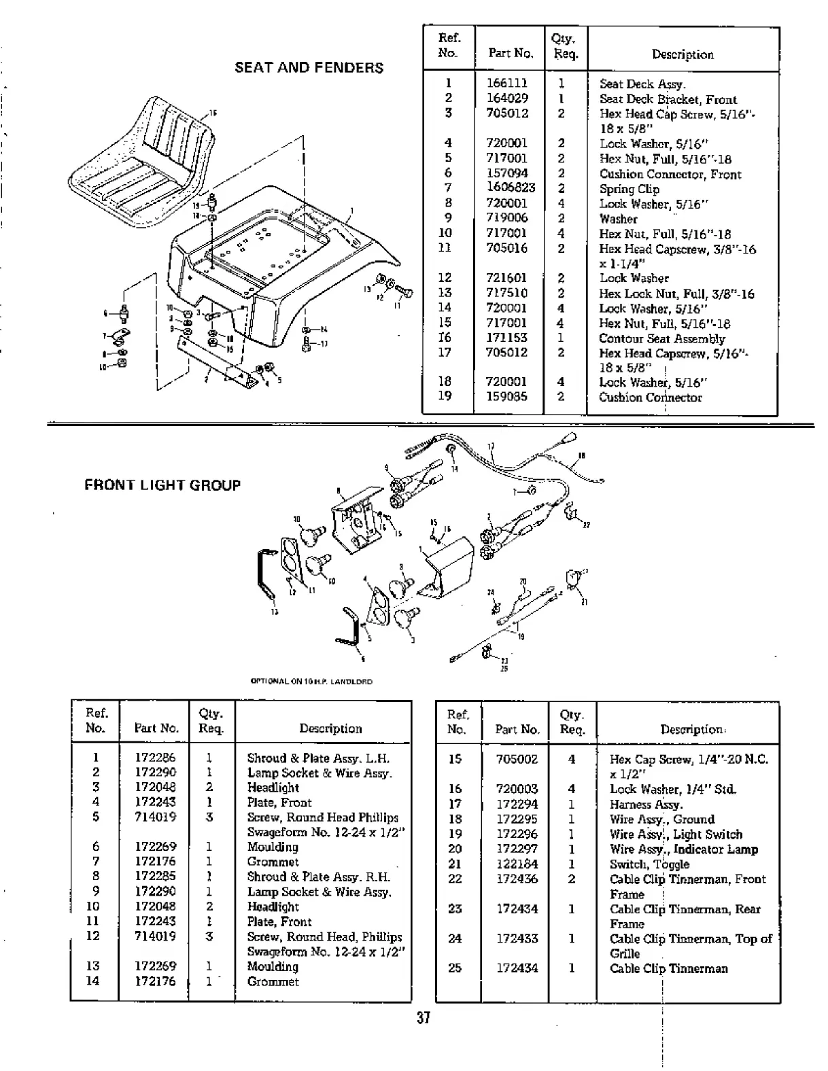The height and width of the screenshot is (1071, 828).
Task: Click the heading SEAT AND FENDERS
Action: coord(309,68)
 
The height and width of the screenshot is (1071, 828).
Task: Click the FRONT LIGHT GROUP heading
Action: coord(162,485)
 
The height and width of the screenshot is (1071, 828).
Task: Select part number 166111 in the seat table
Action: coord(506,84)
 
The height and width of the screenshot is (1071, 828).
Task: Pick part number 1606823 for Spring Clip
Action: coord(511,188)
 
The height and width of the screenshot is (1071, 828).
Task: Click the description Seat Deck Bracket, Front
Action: coord(668,99)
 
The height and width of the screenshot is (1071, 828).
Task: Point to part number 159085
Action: coord(506,397)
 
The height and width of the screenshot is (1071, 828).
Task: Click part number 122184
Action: coord(517,864)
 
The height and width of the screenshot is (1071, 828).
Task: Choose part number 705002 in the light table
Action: coord(517,760)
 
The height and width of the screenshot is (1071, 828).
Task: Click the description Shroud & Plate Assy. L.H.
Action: coord(318,758)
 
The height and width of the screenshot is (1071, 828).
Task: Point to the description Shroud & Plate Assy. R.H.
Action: coord(319,877)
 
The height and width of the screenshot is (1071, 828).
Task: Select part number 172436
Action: coord(517,879)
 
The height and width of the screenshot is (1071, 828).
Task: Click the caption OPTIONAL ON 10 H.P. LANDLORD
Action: coord(311,682)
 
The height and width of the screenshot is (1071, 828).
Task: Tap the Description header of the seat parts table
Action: coord(683,54)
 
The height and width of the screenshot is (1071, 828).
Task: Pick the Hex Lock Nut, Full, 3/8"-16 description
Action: coord(676,294)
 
